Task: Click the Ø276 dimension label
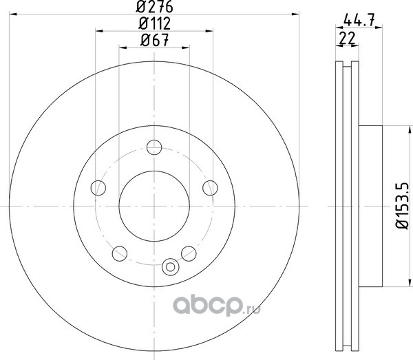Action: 154,6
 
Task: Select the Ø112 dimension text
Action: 155,23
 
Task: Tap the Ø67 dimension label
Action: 154,41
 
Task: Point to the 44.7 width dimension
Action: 359,20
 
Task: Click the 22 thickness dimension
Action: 347,38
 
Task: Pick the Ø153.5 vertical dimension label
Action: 403,206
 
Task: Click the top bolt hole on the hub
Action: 154,147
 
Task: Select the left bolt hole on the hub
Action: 98,188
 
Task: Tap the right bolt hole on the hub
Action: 210,188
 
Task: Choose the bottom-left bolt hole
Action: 120,253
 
